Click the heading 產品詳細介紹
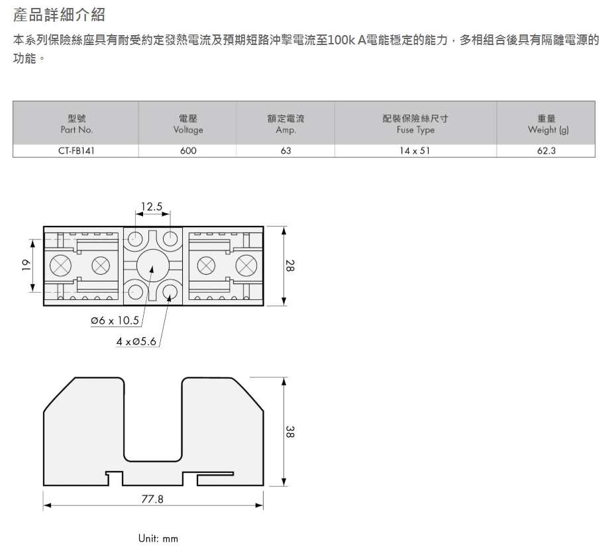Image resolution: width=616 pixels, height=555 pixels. coord(59,15)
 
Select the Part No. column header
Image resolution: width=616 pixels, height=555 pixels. coord(77,124)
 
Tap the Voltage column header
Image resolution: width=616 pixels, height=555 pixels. coord(188,124)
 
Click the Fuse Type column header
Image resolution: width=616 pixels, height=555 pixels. coord(415,124)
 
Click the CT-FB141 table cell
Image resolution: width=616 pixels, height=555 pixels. coord(76,151)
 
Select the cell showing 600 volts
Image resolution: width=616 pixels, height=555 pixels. coord(188,151)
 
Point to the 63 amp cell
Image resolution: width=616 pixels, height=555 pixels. coord(285,151)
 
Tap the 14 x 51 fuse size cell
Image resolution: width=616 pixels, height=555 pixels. coord(415,151)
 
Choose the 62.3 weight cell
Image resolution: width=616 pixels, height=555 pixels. coord(546,151)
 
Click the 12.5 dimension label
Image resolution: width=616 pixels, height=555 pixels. coord(152,206)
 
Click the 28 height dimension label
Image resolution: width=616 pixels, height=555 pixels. coord(289,266)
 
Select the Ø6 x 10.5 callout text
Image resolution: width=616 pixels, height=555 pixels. coord(115,321)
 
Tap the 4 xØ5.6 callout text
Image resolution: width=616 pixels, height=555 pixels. coord(136,341)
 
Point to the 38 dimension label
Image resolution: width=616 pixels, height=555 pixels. coord(289,432)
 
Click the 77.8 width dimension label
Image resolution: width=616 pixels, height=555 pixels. coord(152,499)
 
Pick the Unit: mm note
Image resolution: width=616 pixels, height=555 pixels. coord(158,538)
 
